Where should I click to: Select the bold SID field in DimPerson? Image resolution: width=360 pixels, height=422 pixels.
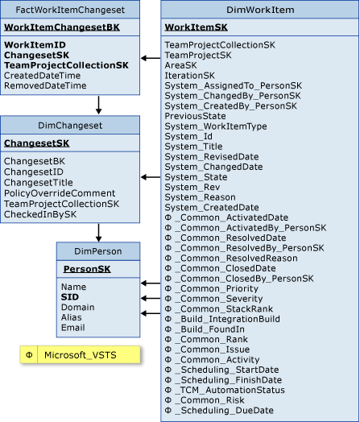pos(69,297)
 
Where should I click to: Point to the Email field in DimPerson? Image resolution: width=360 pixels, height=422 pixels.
pos(72,327)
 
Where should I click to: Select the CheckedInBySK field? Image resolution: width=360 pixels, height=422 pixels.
pos(40,214)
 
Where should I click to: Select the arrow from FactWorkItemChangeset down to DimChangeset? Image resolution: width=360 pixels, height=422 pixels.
pos(97,105)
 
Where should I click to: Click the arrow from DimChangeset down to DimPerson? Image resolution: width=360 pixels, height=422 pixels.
pos(97,231)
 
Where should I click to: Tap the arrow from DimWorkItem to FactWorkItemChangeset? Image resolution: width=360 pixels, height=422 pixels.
pos(150,58)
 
